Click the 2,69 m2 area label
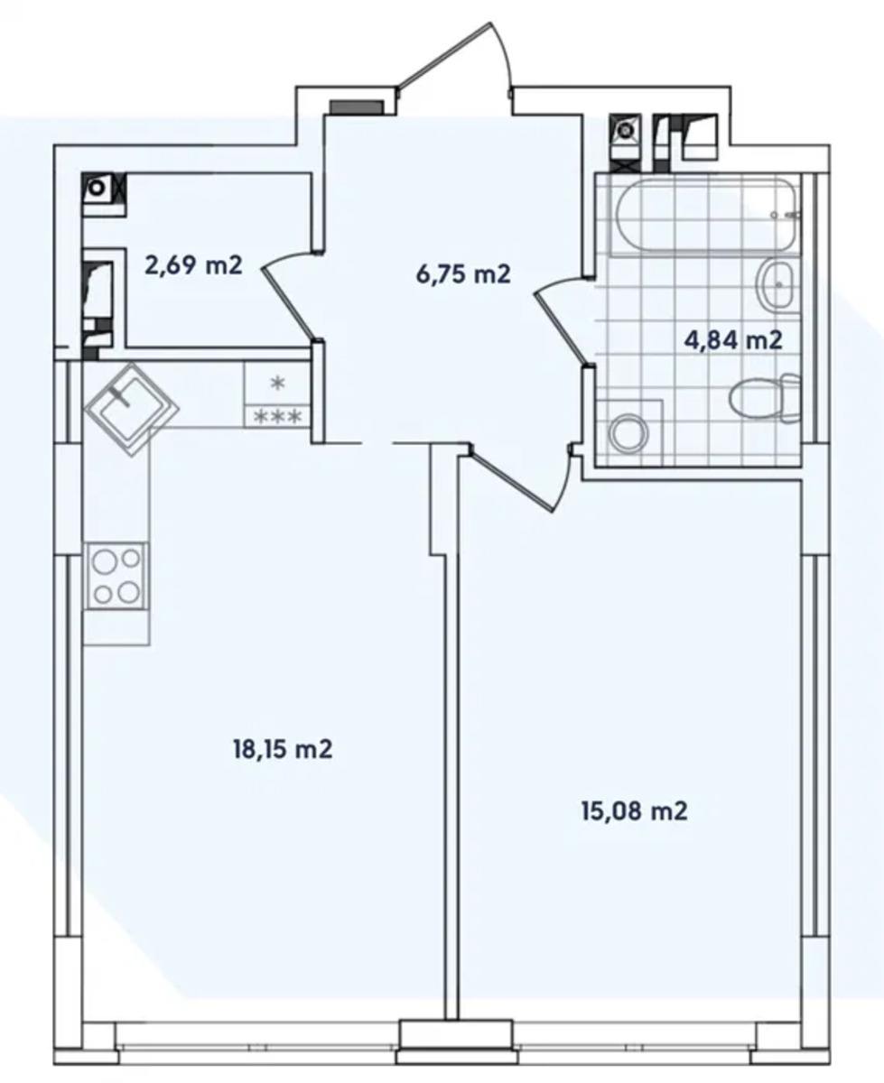(193, 266)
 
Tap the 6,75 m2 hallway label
(463, 274)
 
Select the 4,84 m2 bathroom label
(732, 340)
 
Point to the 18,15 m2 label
(283, 749)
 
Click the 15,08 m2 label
(635, 811)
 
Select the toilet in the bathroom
(765, 399)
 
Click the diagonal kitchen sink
(132, 409)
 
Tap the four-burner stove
(117, 576)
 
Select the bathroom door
(563, 320)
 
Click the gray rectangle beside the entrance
(357, 106)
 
